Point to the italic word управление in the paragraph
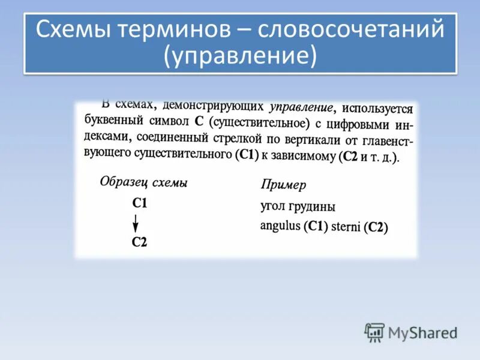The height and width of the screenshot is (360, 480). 301,107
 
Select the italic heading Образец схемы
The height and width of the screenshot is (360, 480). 143,182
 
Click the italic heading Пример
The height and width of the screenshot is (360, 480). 283,185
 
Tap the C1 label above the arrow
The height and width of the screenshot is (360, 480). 139,203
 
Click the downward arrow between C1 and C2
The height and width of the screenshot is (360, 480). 136,223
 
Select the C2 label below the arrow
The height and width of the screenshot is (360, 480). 139,242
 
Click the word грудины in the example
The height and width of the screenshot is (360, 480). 314,207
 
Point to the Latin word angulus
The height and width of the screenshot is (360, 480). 280,226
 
